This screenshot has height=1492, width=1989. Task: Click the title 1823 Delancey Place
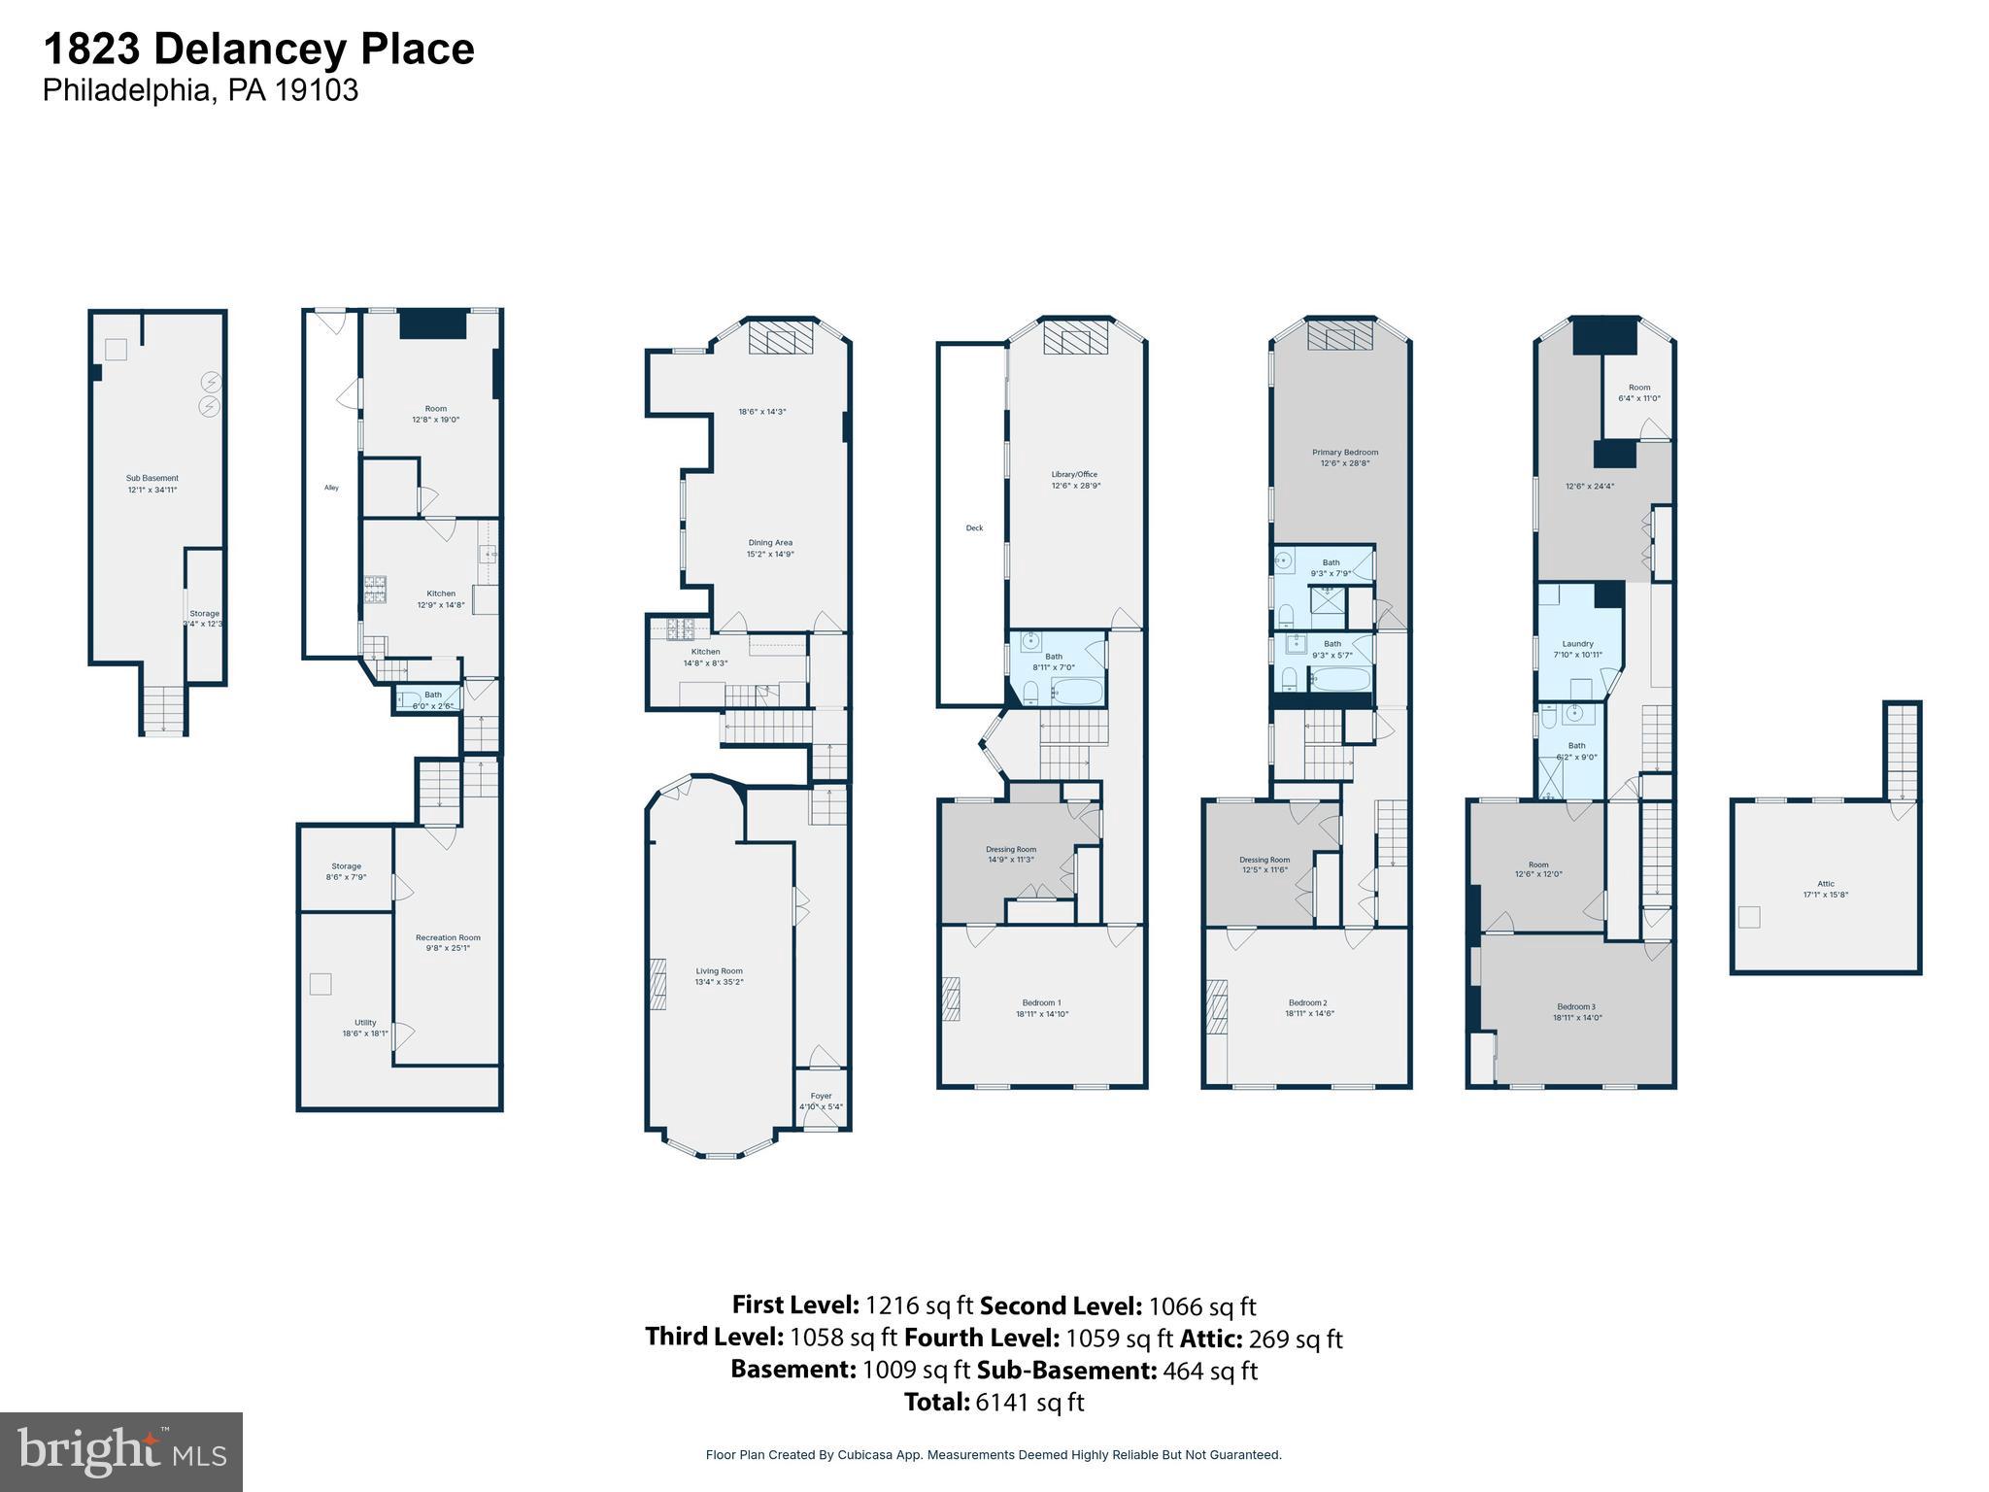(258, 49)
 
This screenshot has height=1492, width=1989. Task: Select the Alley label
(331, 488)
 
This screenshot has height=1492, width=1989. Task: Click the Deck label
(974, 528)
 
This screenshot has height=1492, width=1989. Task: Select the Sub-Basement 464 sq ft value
(1117, 1371)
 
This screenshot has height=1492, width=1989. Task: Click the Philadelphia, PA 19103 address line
(200, 90)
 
